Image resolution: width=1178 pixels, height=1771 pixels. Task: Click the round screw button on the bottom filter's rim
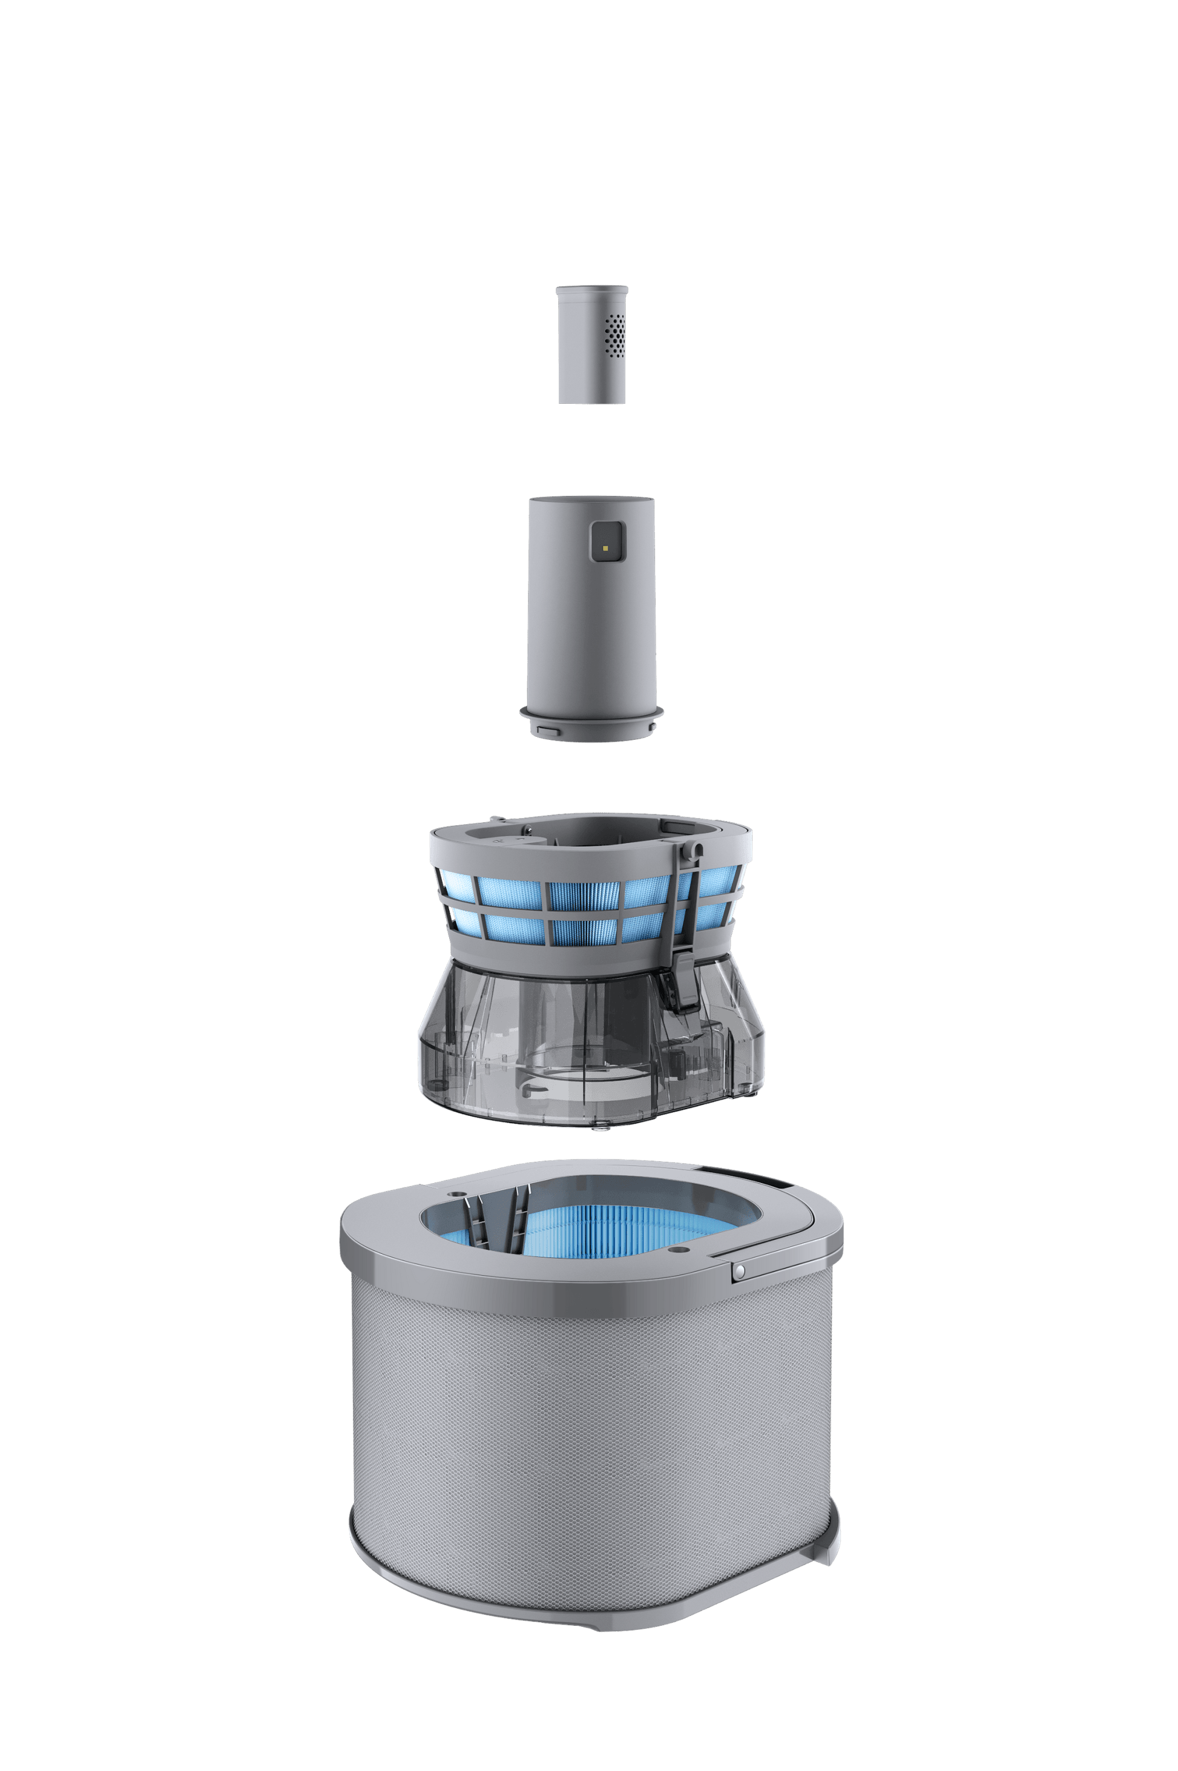pyautogui.click(x=740, y=1269)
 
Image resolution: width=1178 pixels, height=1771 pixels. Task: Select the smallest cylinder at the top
pyautogui.click(x=592, y=346)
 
